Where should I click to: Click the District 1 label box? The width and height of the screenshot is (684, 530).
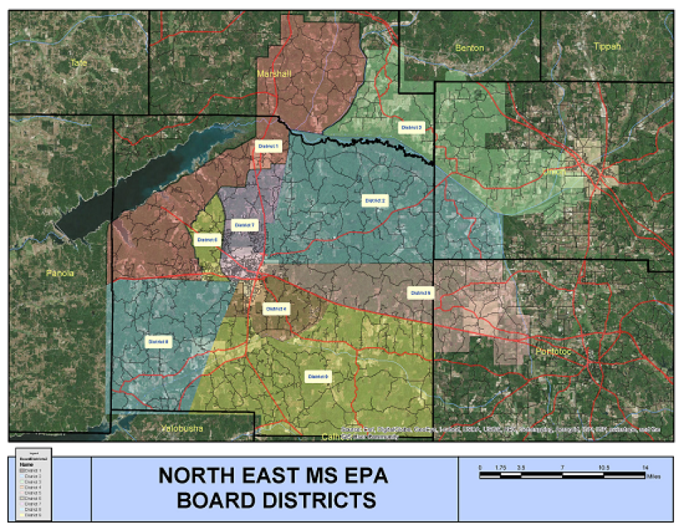(x=268, y=146)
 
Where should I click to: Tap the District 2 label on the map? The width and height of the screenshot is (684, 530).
(x=375, y=200)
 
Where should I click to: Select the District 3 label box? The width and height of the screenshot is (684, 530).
(x=412, y=128)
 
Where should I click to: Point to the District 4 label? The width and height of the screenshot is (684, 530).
(x=276, y=309)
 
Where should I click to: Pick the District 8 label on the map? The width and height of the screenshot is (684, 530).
(x=159, y=342)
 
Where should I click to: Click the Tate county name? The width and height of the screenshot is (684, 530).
(x=78, y=63)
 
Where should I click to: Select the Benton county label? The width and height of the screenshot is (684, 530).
(x=469, y=48)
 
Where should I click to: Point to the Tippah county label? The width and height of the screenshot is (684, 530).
(x=607, y=47)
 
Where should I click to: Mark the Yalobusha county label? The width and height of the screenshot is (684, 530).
(x=182, y=429)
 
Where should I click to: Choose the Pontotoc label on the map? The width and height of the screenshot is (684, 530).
(x=555, y=352)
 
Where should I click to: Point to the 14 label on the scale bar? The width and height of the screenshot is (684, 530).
(x=645, y=467)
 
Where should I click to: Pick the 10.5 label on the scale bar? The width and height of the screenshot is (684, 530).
(x=603, y=467)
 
